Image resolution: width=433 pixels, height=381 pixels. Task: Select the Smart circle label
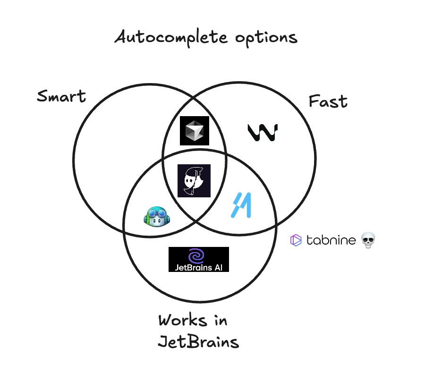pyautogui.click(x=61, y=97)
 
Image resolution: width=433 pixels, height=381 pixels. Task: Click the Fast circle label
pyautogui.click(x=328, y=102)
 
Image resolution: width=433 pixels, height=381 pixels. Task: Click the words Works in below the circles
pyautogui.click(x=193, y=321)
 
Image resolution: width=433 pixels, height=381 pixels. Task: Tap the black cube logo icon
pyautogui.click(x=194, y=130)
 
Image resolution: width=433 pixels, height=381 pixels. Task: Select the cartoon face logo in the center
pyautogui.click(x=194, y=180)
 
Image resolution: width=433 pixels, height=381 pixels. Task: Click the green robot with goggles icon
pyautogui.click(x=157, y=217)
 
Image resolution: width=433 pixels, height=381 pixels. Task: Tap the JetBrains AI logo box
pyautogui.click(x=198, y=259)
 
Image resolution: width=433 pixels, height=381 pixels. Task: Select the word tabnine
pyautogui.click(x=331, y=240)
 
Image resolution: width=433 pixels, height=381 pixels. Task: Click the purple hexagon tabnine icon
pyautogui.click(x=296, y=240)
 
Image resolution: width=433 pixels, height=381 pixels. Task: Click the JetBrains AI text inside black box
pyautogui.click(x=198, y=267)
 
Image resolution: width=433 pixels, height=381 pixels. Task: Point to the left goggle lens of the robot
pyautogui.click(x=152, y=217)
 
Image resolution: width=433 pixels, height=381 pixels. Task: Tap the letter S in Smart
pyautogui.click(x=43, y=97)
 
